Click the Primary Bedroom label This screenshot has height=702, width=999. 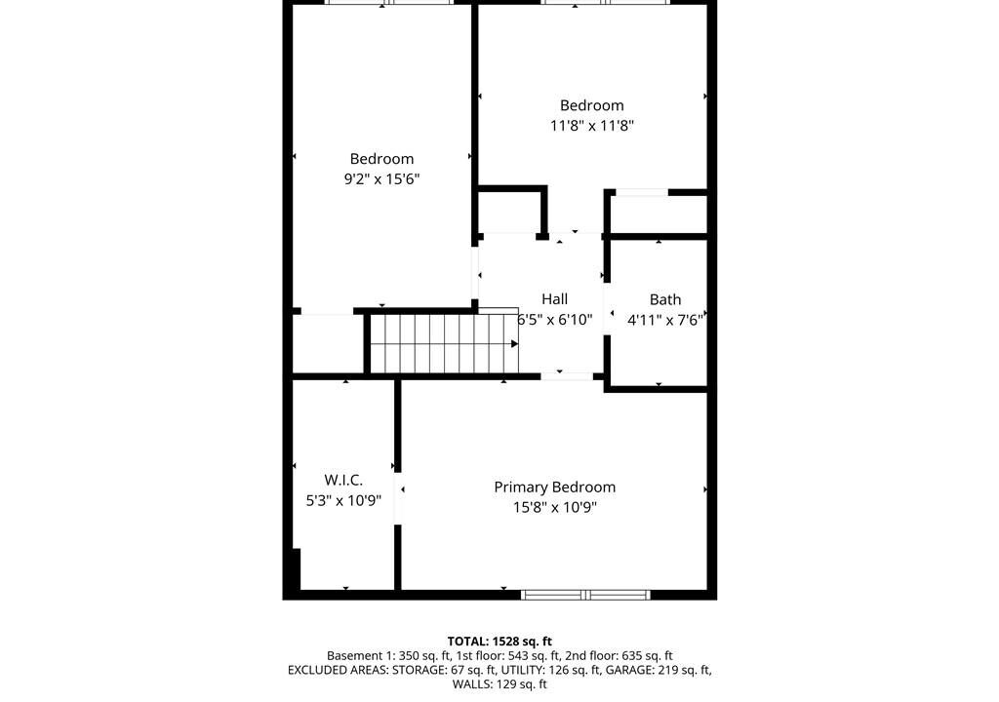[x=554, y=487]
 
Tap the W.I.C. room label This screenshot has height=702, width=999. [x=343, y=480]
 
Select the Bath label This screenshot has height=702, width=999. [x=665, y=299]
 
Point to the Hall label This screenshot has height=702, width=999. [x=554, y=298]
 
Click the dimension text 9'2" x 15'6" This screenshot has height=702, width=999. [x=381, y=179]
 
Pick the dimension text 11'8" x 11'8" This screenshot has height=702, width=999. [x=592, y=126]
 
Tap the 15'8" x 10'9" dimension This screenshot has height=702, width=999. [x=554, y=508]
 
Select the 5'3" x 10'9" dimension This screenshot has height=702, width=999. [x=343, y=501]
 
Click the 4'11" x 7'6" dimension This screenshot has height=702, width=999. [x=665, y=320]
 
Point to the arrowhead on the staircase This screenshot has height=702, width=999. [x=514, y=344]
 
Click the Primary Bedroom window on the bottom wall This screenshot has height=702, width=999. [x=585, y=595]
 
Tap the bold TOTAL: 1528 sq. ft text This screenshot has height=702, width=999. [x=499, y=642]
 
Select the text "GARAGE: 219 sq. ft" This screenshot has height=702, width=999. [x=658, y=670]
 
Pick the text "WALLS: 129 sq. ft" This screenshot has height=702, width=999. [x=499, y=684]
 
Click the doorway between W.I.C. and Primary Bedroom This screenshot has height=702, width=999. [x=398, y=498]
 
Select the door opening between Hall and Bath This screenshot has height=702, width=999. [x=607, y=309]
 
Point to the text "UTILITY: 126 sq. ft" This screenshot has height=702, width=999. [x=550, y=670]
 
